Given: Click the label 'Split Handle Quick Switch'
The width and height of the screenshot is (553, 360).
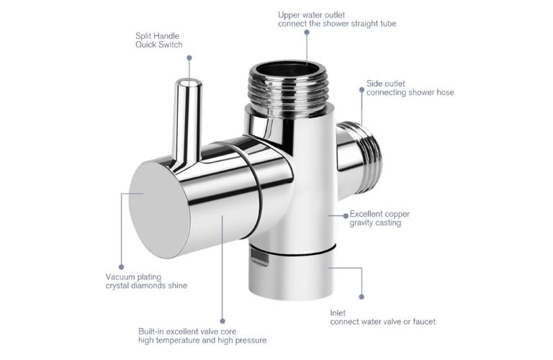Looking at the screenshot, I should click(158, 40).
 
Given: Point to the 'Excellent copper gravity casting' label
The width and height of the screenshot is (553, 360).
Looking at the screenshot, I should click(379, 218).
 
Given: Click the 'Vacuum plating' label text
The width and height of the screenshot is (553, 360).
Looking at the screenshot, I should click(133, 276).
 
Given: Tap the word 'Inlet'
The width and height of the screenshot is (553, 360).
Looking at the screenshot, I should click(338, 312).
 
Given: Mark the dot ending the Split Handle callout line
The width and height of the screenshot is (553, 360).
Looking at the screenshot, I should click(189, 56).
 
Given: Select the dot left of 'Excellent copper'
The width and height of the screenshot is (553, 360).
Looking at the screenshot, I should click(343, 214).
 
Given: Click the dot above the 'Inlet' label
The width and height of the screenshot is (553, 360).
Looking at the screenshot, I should click(361, 296).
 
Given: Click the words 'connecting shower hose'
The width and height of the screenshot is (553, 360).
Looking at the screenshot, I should click(410, 92).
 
